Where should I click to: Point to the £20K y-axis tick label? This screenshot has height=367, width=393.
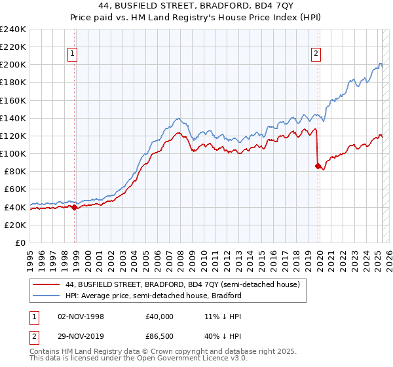tap(14, 225)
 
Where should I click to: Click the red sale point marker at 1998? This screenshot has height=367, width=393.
tap(74, 207)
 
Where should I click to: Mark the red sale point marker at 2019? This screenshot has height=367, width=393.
tap(318, 166)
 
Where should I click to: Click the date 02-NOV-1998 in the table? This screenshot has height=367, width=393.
tap(81, 316)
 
